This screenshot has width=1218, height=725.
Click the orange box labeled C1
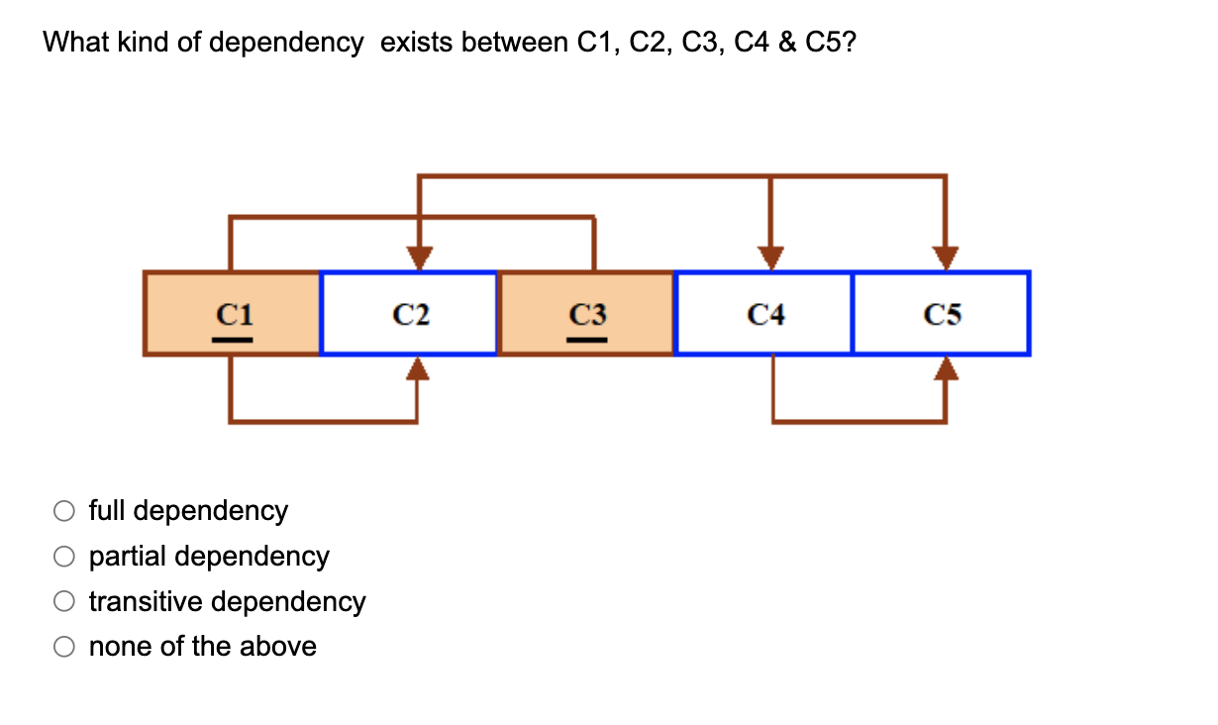pyautogui.click(x=232, y=313)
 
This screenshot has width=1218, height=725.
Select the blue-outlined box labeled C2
pyautogui.click(x=409, y=313)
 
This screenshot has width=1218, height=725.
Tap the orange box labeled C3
pyautogui.click(x=586, y=313)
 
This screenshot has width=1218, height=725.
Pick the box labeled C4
pyautogui.click(x=763, y=313)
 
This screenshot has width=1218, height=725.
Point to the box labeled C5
pyautogui.click(x=941, y=313)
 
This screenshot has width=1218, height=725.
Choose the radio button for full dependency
pyautogui.click(x=64, y=511)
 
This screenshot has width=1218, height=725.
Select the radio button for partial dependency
pyautogui.click(x=64, y=557)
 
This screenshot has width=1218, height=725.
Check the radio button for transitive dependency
pyautogui.click(x=64, y=602)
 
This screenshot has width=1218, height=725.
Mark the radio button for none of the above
pyautogui.click(x=64, y=648)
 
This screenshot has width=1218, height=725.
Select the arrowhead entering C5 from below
pyautogui.click(x=947, y=368)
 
